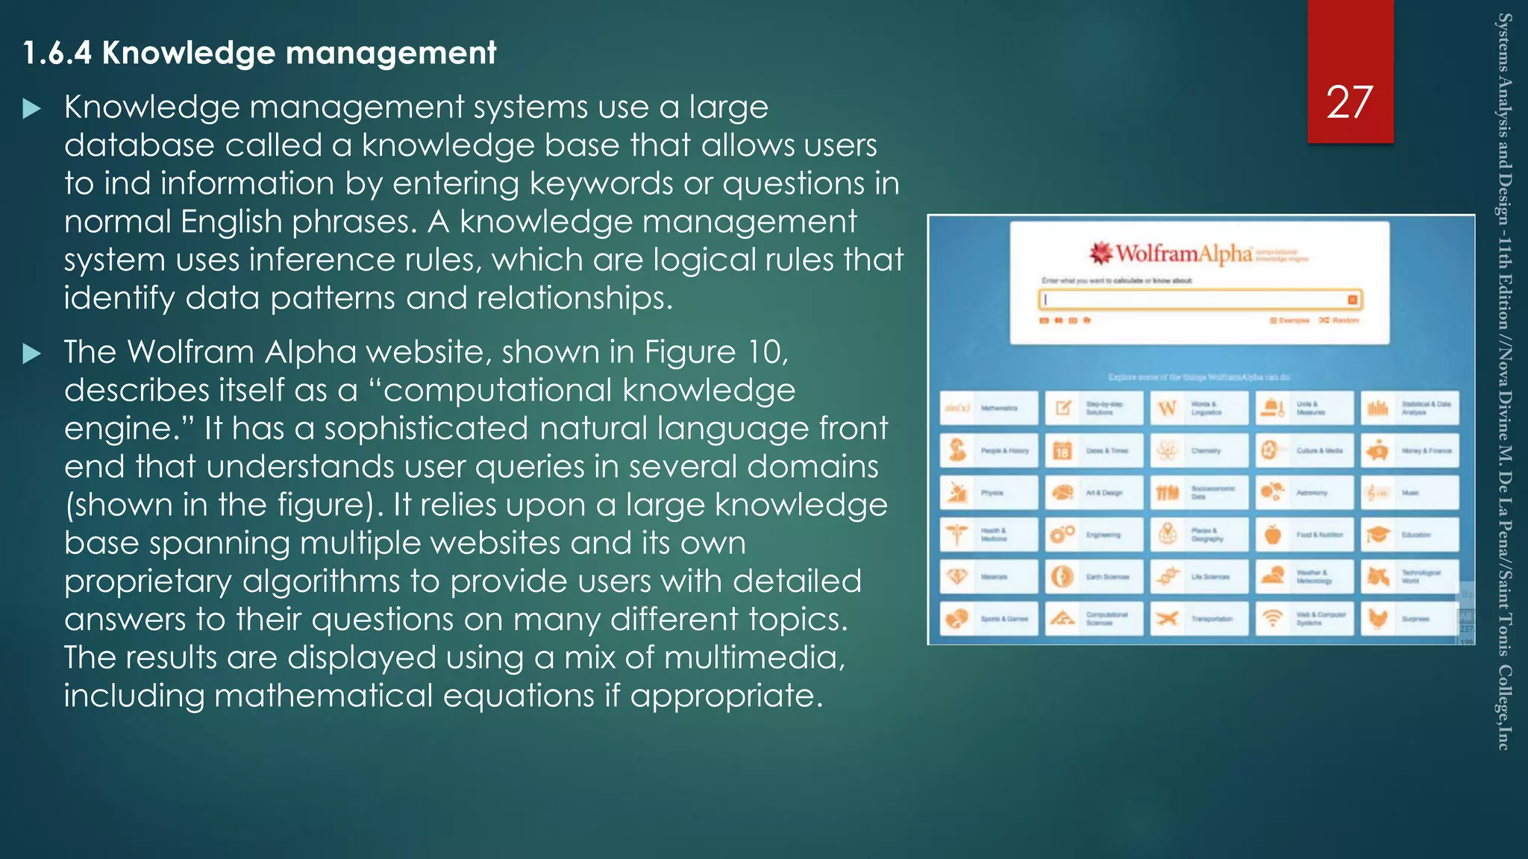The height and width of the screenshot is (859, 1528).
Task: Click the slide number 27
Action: click(x=1349, y=102)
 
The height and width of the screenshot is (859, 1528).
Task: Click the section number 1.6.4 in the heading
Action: click(x=57, y=53)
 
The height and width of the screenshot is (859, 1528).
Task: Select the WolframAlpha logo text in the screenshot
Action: click(x=1183, y=254)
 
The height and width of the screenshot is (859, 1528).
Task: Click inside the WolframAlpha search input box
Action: click(x=1194, y=300)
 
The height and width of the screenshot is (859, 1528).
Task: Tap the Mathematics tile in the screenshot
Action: click(x=988, y=408)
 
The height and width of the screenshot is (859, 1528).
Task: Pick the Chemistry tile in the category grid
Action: click(x=1198, y=450)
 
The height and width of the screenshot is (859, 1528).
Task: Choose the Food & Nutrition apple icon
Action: click(x=1273, y=535)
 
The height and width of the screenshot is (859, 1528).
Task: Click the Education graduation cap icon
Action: click(x=1378, y=535)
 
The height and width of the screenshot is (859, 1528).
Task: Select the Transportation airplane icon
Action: click(x=1168, y=619)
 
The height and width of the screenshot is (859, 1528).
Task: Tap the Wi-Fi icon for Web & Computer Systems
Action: click(x=1273, y=619)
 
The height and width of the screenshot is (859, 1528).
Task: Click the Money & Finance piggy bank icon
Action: click(x=1378, y=450)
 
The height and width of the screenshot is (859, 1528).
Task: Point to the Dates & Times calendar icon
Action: click(x=1062, y=450)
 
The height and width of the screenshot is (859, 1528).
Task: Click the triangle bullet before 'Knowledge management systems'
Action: click(x=31, y=110)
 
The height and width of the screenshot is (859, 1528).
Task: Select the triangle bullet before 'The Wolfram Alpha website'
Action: click(x=31, y=353)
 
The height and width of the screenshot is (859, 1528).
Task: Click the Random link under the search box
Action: click(x=1340, y=320)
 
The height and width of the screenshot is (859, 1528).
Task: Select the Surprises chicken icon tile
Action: click(x=1409, y=619)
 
